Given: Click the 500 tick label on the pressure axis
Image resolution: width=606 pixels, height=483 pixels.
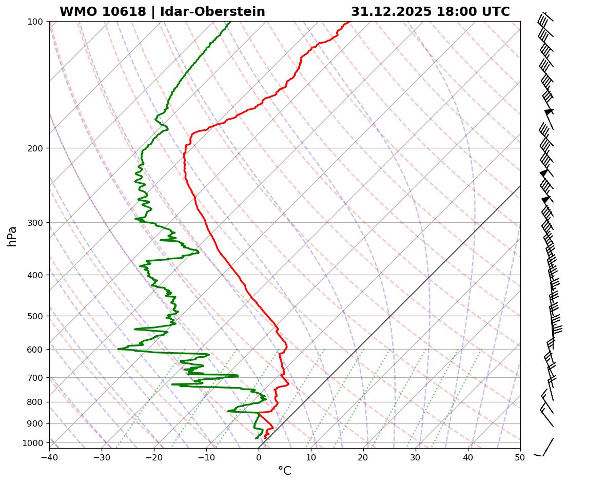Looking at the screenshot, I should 35,316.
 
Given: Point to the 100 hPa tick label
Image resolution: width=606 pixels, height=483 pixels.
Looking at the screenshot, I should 35,22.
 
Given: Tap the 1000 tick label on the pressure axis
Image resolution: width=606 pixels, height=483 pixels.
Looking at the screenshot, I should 33,443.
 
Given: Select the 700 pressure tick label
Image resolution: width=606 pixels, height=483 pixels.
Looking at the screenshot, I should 35,378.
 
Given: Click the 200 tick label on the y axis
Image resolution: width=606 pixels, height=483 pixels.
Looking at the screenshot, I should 35,148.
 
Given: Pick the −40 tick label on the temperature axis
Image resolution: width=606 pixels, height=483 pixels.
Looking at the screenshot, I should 49,456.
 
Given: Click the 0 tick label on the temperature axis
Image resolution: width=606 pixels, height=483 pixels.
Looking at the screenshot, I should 259,456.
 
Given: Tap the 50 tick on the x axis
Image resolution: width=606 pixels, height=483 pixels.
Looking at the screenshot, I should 520,456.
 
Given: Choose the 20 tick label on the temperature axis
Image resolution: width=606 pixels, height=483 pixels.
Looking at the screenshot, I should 363,456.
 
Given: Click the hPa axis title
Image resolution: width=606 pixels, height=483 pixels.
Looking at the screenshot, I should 12,237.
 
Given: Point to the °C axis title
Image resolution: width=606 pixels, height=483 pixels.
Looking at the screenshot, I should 284,471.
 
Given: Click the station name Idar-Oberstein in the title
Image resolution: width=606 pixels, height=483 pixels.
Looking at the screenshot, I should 212,12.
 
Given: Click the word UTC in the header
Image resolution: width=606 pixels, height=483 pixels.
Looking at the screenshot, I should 496,12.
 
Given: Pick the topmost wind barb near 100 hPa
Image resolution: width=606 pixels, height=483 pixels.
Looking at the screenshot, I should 545,18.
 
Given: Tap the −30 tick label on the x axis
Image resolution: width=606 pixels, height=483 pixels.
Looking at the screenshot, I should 102,456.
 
